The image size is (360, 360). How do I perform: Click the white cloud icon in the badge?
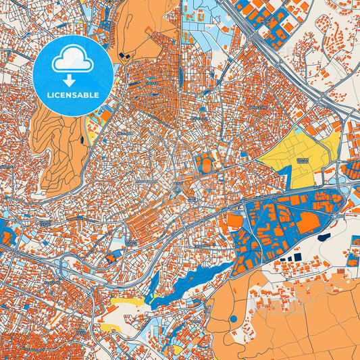tap(72, 59)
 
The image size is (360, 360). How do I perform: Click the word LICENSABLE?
tap(72, 95)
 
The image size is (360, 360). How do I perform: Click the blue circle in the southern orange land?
tap(233, 318)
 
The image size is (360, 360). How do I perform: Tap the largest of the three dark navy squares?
tap(295, 257)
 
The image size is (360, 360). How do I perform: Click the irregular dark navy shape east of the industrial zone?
tap(324, 237)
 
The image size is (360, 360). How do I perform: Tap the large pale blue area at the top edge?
tap(203, 27)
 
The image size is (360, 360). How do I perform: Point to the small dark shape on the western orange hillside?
tap(82, 139)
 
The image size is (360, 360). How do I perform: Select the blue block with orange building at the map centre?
tap(205, 163)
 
